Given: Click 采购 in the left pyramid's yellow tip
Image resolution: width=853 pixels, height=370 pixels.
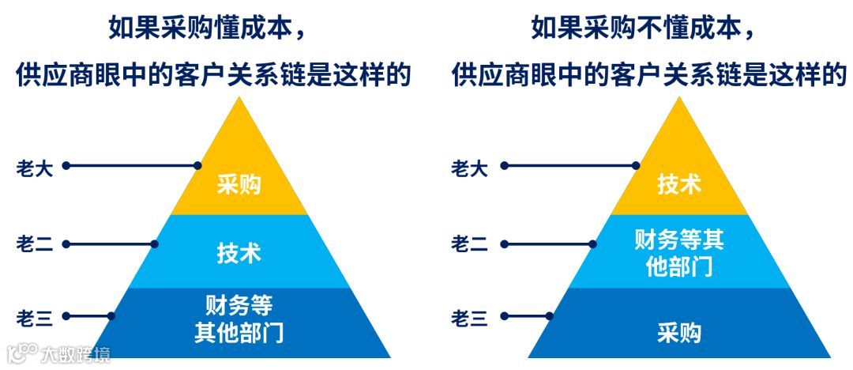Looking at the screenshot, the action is click(239, 185).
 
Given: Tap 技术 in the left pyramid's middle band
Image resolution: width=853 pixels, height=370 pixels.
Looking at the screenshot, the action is click(239, 253).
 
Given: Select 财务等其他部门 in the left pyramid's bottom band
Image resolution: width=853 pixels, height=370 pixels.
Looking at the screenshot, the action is click(239, 318).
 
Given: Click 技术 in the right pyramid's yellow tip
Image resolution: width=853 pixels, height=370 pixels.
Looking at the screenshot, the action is click(678, 183).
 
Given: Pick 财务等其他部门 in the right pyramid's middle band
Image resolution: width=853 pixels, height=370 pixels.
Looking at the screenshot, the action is click(678, 252).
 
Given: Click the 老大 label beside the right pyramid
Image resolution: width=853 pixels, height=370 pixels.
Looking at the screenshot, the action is click(469, 168).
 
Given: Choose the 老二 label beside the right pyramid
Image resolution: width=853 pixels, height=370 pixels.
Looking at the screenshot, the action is click(469, 244).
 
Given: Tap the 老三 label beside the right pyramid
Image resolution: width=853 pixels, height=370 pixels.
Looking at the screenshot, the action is click(469, 319).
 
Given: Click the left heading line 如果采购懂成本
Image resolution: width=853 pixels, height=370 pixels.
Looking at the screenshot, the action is click(208, 29).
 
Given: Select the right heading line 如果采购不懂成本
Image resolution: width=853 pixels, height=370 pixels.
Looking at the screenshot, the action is click(644, 29).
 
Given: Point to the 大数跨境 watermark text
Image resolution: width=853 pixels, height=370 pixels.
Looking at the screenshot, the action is click(77, 353).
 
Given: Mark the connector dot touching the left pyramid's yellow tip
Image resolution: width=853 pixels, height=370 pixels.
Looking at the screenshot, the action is click(198, 166).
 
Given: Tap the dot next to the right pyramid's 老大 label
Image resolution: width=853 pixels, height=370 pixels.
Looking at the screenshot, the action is click(504, 166).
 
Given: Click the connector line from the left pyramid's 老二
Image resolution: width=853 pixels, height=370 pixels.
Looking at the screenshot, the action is click(111, 244).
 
